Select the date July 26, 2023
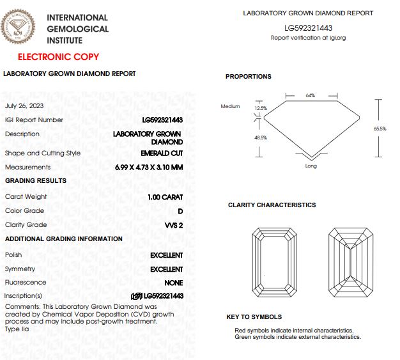[x=24, y=106]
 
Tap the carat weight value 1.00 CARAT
[x=165, y=197]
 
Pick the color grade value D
[x=180, y=211]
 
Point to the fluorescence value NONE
[x=173, y=283]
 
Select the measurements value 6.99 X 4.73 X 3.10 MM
[x=148, y=168]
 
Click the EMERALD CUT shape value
[x=162, y=153]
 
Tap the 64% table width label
[x=311, y=95]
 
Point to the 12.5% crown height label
[x=261, y=109]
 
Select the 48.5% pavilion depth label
[x=261, y=137]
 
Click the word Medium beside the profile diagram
[x=230, y=106]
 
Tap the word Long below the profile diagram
[x=311, y=166]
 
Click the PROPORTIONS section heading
[x=249, y=77]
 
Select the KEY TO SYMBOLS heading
[x=254, y=317]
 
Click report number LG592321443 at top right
[x=308, y=28]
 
